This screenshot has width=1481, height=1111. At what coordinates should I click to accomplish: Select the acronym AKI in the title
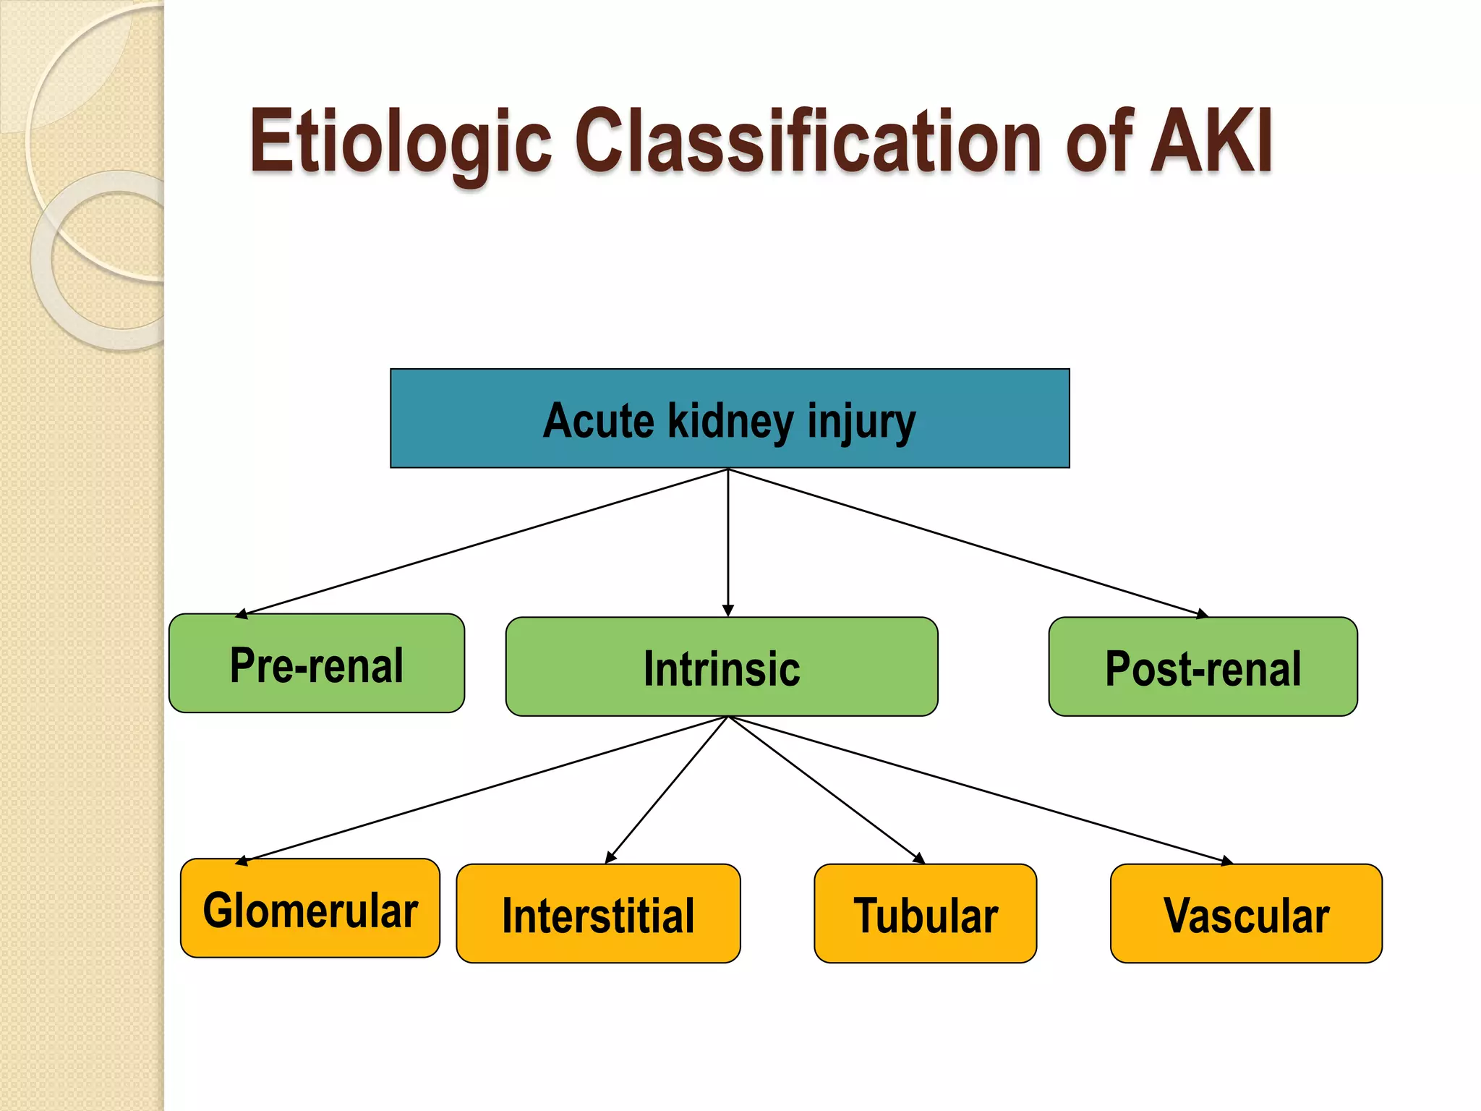point(1211,141)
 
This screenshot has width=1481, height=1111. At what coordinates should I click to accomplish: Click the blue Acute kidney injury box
point(730,418)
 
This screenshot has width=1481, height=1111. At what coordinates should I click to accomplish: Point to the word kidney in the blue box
point(730,422)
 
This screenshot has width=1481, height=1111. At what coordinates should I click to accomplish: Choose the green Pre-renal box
point(317,664)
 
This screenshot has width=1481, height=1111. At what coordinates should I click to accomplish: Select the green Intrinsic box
point(722,667)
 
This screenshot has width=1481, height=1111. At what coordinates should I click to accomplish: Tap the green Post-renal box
point(1203,667)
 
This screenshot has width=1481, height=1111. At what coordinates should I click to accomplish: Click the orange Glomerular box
point(310,908)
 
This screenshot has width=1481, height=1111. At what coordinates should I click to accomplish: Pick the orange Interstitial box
point(598,914)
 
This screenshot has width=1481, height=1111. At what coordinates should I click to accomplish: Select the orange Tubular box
point(925,914)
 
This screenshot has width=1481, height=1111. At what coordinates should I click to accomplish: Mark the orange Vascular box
point(1246,914)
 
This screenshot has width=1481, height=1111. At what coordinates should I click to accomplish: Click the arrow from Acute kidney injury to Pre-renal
point(485,542)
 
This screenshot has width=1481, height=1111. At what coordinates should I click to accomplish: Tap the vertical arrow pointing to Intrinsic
point(728,542)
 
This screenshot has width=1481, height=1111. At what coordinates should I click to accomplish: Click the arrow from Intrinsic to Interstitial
point(667,789)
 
